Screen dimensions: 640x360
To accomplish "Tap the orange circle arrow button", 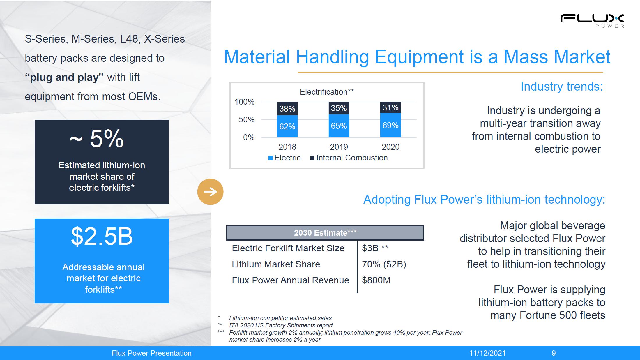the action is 210,192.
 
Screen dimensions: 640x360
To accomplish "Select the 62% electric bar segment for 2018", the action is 287,126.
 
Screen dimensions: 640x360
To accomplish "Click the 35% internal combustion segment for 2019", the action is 339,108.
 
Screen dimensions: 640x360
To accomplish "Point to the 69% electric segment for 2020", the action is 390,125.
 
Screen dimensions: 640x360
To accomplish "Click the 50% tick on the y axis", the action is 247,119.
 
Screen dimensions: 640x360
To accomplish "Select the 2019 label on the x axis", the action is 339,147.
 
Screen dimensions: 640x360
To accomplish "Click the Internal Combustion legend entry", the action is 349,158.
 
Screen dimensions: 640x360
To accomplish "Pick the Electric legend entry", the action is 284,158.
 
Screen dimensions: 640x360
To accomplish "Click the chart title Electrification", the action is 327,92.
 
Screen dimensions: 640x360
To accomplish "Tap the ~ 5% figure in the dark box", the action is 97,139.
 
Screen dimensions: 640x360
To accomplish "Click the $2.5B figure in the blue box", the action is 102,236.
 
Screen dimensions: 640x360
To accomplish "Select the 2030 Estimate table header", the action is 325,233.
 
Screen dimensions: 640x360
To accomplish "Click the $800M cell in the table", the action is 376,280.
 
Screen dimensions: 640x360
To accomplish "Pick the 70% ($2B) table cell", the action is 384,264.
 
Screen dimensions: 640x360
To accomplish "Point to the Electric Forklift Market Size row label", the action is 288,248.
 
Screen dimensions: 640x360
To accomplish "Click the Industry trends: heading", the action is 562,87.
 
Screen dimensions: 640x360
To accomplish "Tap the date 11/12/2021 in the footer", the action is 487,353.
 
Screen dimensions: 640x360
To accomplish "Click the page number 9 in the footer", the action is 554,353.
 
